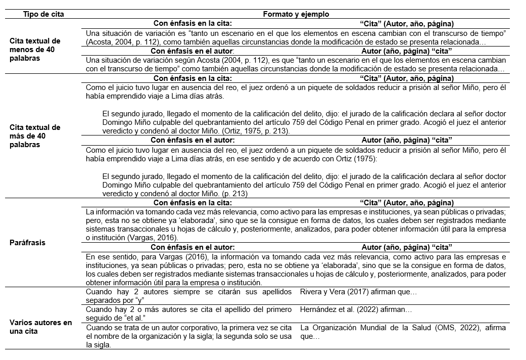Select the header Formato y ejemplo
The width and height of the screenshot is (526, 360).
296,14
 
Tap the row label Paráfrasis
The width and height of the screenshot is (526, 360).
27,243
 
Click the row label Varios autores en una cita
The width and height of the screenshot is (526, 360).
41,327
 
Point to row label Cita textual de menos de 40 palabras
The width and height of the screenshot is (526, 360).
35,50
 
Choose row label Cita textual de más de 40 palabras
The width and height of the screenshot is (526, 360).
35,136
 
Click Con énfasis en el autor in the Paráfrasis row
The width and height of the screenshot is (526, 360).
193,247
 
